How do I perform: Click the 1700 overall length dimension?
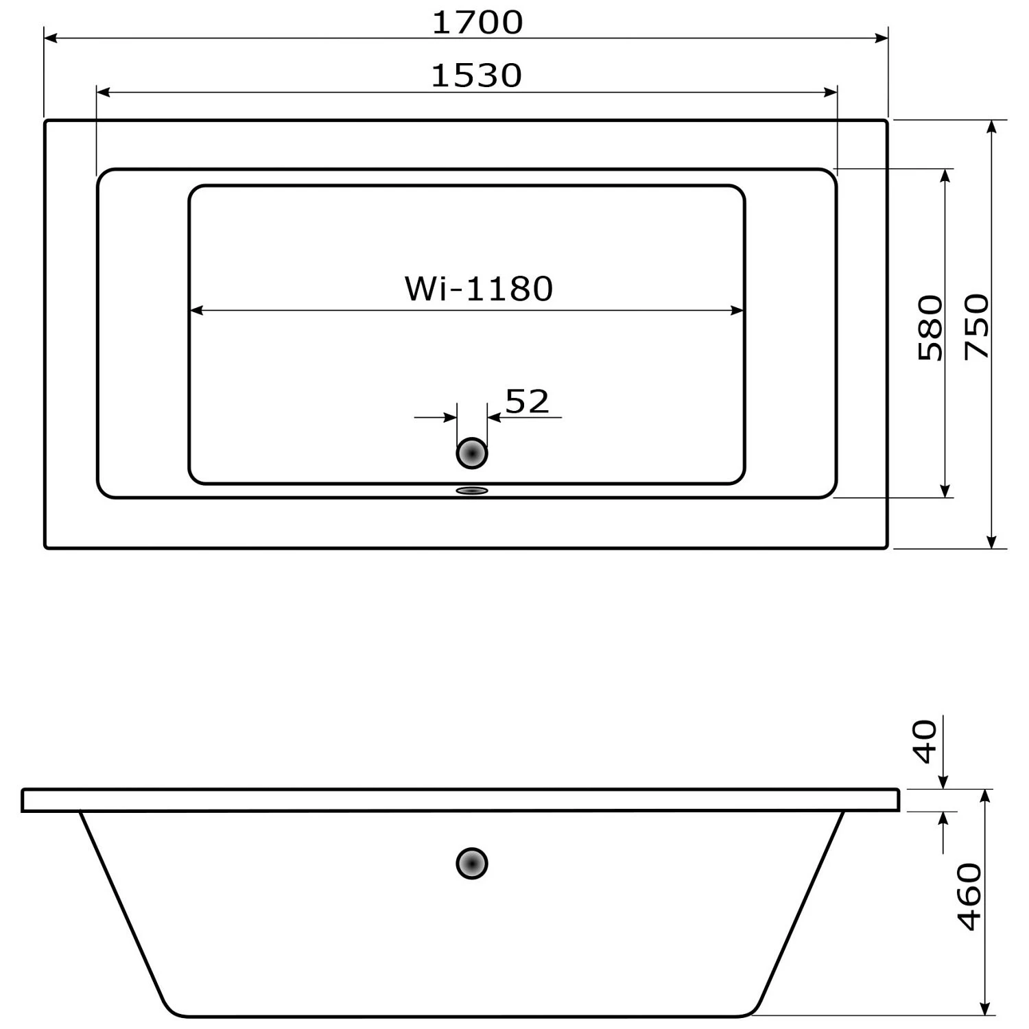point(477,23)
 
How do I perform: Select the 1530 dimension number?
point(476,75)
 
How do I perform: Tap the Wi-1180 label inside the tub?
point(478,289)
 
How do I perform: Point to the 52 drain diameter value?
point(527,402)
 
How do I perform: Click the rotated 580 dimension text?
point(930,328)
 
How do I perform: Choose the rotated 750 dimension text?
point(977,327)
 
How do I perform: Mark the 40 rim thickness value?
point(926,742)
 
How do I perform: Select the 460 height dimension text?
point(969,897)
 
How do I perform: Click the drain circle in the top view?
point(472,453)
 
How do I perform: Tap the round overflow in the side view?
point(472,863)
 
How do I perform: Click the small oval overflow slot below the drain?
point(472,490)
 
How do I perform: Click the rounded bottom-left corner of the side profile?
point(170,1008)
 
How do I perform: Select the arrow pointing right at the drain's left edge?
point(449,417)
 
